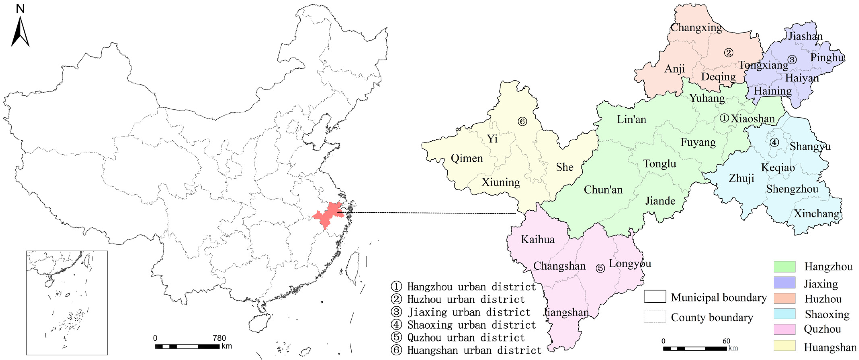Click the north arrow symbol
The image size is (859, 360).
[20, 32]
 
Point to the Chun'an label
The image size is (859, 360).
[603, 190]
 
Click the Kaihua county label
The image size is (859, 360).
[538, 239]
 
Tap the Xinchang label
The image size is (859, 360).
[816, 213]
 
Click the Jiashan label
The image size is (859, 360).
[805, 36]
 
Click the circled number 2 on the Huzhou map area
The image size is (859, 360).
[729, 53]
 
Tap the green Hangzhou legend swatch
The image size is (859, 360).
[784, 267]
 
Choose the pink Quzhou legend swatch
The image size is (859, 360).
[784, 329]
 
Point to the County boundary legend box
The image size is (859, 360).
[655, 316]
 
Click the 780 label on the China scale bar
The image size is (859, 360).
[219, 338]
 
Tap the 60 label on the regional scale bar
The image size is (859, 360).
[726, 341]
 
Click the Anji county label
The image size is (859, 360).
[675, 69]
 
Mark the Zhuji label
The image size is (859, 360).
[741, 178]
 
